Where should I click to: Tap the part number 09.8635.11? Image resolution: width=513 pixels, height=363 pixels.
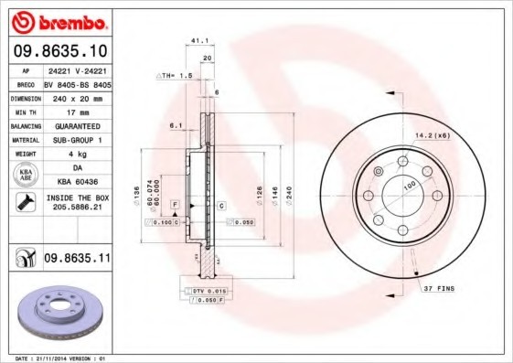tap(77, 261)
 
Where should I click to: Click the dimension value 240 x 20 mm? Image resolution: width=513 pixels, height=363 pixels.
tap(76, 96)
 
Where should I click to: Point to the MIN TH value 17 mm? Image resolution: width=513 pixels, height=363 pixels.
tap(76, 111)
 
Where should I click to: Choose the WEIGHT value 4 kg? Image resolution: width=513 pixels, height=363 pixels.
tap(76, 155)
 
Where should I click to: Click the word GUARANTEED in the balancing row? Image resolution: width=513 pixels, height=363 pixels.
tap(76, 125)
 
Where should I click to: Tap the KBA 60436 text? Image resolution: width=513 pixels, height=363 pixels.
tap(76, 183)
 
